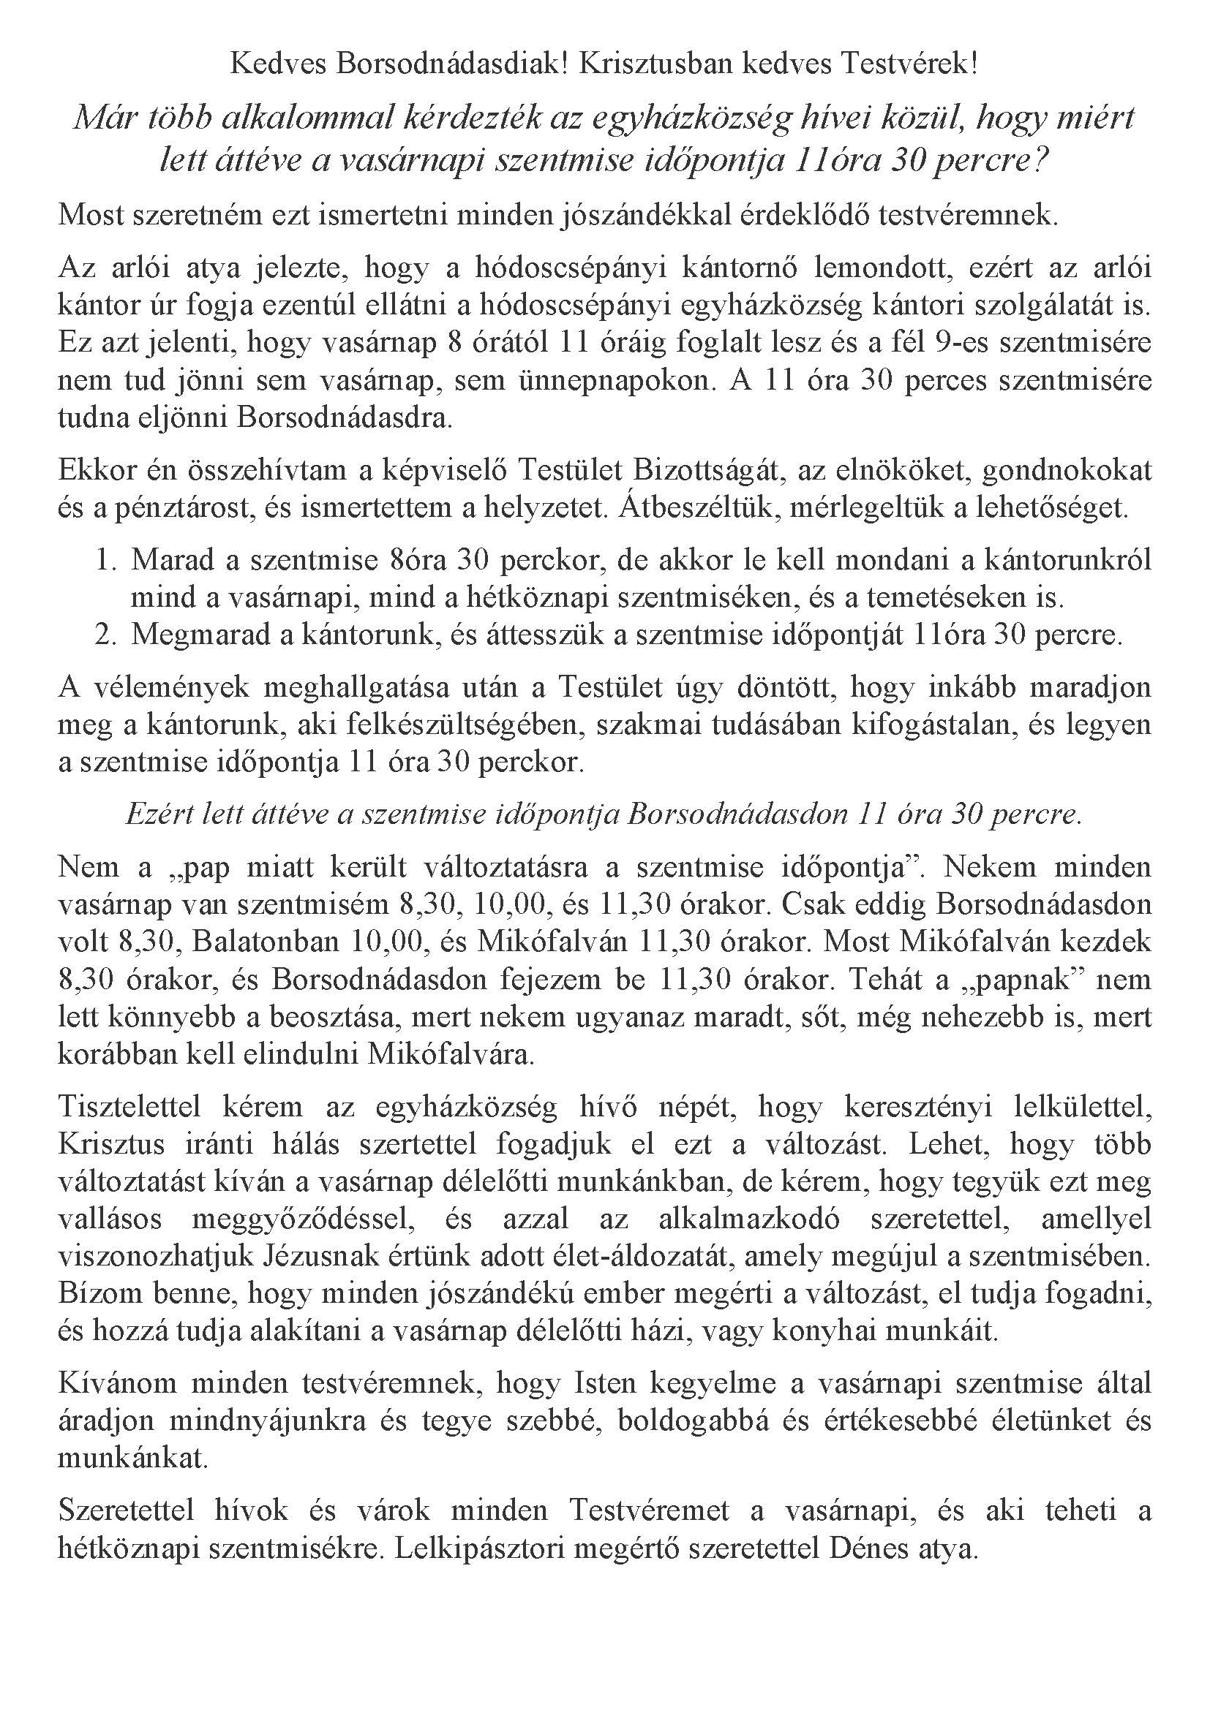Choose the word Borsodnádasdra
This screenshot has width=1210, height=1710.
click(x=345, y=418)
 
